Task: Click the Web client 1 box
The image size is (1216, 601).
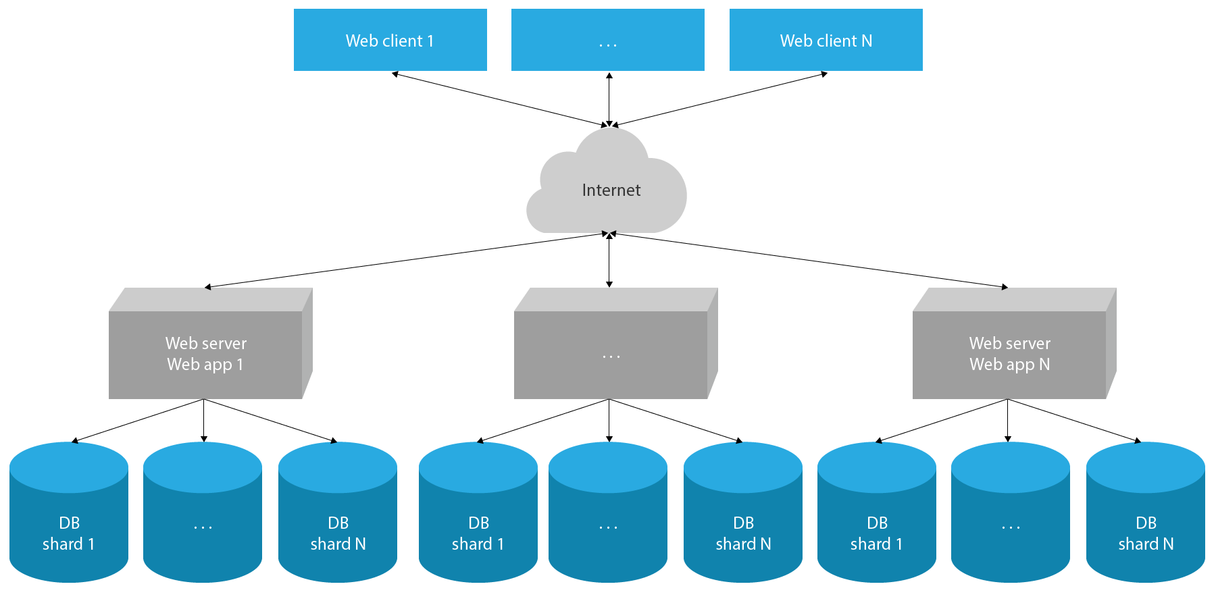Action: (x=390, y=40)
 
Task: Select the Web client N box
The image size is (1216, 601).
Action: (x=826, y=40)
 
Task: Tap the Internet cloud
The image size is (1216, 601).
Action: (x=610, y=190)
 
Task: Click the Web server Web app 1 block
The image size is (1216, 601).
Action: (x=205, y=353)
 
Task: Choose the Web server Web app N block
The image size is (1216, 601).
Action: (x=1009, y=353)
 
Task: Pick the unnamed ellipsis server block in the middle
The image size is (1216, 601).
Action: (x=611, y=353)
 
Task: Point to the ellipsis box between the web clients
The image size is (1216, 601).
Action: (x=607, y=40)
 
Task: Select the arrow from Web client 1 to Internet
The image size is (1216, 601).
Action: (x=500, y=99)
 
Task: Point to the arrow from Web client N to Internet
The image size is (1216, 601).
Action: (x=719, y=99)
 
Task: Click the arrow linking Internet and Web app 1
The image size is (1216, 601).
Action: (x=405, y=261)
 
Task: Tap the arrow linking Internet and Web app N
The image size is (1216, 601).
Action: (x=811, y=261)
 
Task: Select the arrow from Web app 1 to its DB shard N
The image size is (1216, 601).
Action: (x=270, y=421)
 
